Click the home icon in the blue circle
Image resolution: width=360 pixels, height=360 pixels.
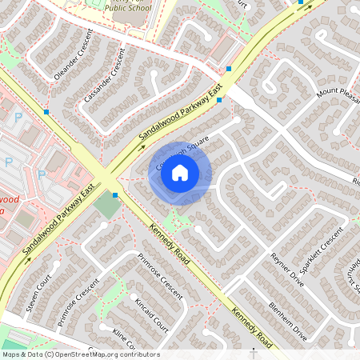[x=180, y=172]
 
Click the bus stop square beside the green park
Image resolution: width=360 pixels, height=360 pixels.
[x=115, y=194]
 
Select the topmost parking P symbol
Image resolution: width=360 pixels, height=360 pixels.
[x=18, y=117]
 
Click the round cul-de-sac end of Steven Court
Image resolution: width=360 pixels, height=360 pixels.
[x=55, y=263]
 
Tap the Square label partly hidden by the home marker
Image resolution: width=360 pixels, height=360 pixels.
[x=184, y=145]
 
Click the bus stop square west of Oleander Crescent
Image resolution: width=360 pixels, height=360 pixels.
[x=47, y=112]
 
